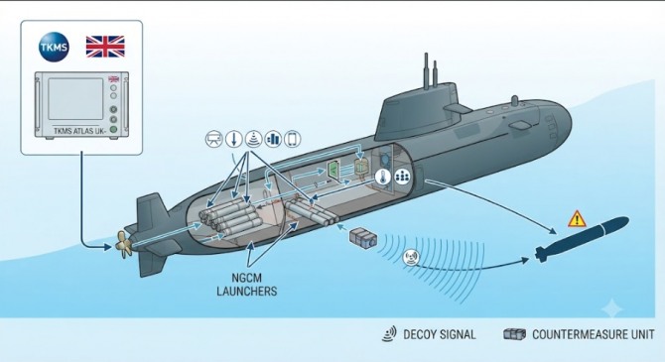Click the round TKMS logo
pos(54,47)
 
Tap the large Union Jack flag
pos(105,47)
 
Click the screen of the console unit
pos(75,99)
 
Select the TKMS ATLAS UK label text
pos(79,131)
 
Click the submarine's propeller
pos(123,244)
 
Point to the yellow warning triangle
pos(577,219)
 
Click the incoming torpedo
pos(582,239)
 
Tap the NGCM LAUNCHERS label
pos(247,285)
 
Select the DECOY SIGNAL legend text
pos(440,334)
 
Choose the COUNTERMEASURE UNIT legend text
pos(593,334)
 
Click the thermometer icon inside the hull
pos(382,177)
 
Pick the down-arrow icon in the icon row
pos(233,139)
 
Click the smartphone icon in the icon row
pos(292,139)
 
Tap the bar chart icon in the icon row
pos(273,139)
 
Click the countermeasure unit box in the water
pos(362,237)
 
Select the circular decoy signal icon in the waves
pos(411,257)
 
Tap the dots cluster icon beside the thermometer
pos(402,176)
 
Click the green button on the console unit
pos(113,129)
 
